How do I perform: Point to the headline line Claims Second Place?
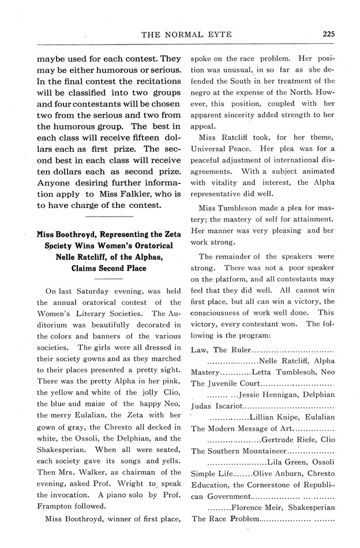[x=108, y=268]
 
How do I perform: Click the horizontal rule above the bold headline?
[x=108, y=216]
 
